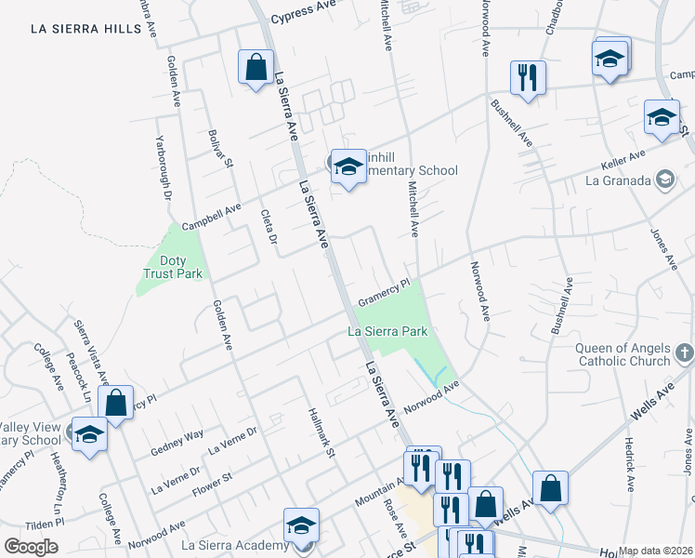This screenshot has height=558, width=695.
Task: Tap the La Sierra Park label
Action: (x=387, y=330)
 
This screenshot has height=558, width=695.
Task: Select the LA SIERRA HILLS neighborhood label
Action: (x=85, y=29)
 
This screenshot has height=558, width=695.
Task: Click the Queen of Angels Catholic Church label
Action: (x=623, y=355)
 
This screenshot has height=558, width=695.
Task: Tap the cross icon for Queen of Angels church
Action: (x=684, y=352)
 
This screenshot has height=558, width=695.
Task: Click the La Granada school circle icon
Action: (x=664, y=179)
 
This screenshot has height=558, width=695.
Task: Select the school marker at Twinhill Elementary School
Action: (x=348, y=167)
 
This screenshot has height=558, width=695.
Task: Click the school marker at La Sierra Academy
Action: (x=301, y=527)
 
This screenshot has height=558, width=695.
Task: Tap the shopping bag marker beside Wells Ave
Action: (x=550, y=488)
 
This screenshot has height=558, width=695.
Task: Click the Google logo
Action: (x=31, y=547)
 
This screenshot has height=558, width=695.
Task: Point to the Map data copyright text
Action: (x=656, y=551)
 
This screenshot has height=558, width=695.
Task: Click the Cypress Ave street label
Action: (x=302, y=19)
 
